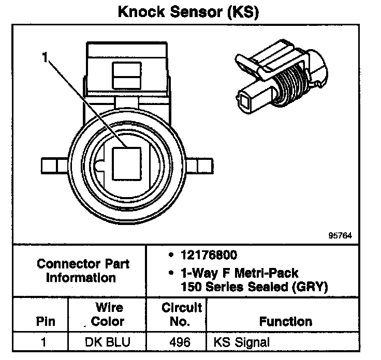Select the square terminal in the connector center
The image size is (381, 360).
pos(126,163)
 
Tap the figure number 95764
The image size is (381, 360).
pos(340,235)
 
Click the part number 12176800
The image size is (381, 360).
pos(209,256)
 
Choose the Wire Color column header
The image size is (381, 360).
pos(108,314)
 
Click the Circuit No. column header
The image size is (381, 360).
pos(182,314)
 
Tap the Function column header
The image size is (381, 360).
pos(285,321)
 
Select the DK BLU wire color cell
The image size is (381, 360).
pos(108,342)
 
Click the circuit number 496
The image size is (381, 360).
pos(181,342)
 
